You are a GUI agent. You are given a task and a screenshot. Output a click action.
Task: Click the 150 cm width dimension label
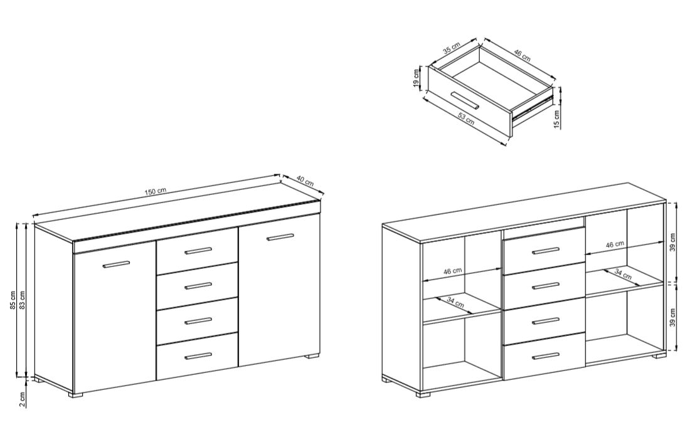click(155, 191)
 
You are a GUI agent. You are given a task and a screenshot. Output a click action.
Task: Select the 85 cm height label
click(13, 300)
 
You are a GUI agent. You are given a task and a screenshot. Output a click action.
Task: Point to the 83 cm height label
click(23, 300)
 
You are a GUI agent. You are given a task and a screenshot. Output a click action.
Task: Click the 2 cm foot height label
click(23, 400)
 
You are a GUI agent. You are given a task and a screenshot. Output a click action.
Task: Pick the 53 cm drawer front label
click(466, 118)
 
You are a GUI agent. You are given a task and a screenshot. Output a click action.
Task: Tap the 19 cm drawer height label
click(416, 78)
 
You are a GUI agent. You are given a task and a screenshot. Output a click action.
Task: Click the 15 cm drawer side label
click(557, 118)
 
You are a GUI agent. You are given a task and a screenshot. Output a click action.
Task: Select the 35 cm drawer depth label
click(452, 48)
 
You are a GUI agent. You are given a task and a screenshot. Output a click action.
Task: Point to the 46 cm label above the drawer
click(522, 55)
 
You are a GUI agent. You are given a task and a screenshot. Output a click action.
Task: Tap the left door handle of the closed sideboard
click(116, 264)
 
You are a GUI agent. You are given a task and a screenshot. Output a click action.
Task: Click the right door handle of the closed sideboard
click(280, 237)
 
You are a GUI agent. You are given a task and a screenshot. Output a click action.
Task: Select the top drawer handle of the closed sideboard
click(199, 250)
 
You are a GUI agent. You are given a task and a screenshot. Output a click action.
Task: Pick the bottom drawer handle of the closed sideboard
click(199, 356)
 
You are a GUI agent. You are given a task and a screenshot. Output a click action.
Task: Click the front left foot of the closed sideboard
click(77, 394)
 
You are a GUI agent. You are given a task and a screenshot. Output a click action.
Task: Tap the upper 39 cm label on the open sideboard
click(673, 241)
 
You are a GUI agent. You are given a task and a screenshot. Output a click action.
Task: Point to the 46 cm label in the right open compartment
click(615, 244)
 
